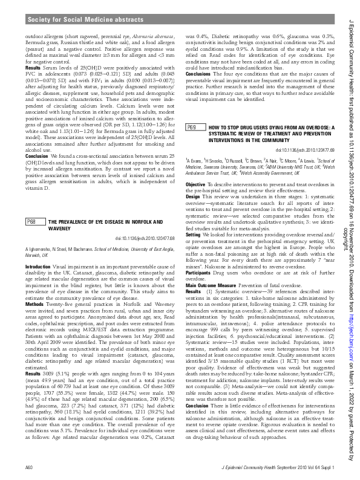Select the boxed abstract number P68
[34, 206]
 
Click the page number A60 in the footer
[28, 468]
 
